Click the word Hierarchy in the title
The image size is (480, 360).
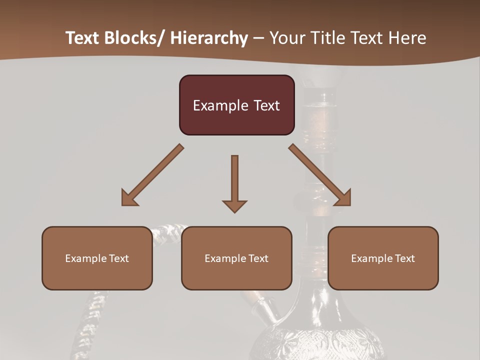click(x=209, y=38)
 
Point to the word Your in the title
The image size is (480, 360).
click(x=287, y=38)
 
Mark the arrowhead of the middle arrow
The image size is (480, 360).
click(x=234, y=205)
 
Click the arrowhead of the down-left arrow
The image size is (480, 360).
click(x=128, y=198)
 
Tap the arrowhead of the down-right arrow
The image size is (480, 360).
click(x=344, y=198)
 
